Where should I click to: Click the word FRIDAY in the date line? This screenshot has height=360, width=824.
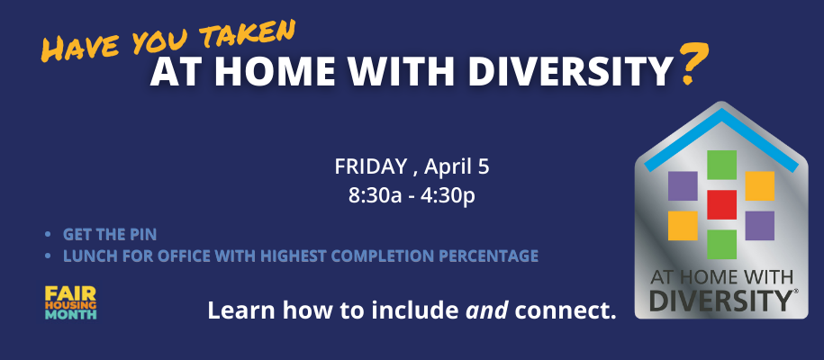click(x=370, y=166)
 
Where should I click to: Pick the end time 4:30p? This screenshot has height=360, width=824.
click(x=448, y=194)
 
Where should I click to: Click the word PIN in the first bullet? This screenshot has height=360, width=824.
click(x=144, y=234)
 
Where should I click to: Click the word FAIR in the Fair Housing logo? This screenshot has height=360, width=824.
click(x=64, y=293)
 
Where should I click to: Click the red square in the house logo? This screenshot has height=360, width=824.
click(x=721, y=204)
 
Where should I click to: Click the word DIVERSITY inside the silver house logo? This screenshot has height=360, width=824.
click(x=720, y=300)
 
